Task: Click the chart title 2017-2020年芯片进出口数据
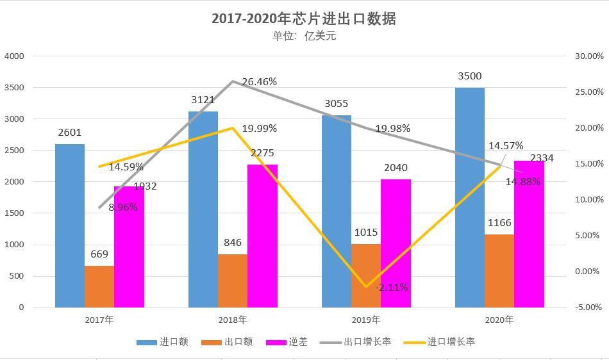[304, 19]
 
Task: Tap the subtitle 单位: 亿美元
[304, 36]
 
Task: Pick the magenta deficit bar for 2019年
[396, 243]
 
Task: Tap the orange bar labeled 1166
[499, 270]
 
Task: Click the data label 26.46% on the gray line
[259, 82]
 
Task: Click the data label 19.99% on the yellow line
[259, 129]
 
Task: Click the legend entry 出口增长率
[367, 342]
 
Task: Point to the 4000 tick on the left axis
[14, 56]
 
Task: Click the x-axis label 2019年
[366, 320]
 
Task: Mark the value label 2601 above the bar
[70, 133]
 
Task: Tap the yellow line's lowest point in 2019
[366, 287]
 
